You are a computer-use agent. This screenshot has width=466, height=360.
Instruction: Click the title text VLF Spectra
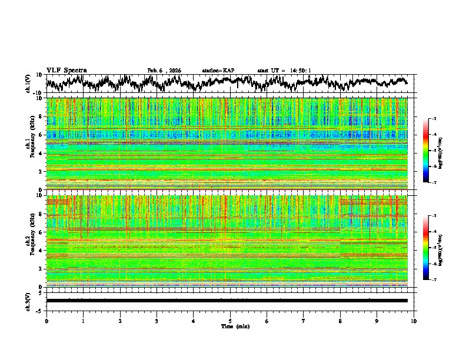pos(66,70)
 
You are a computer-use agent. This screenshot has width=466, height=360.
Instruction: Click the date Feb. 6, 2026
pos(164,71)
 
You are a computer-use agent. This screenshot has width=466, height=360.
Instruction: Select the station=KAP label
pos(218,71)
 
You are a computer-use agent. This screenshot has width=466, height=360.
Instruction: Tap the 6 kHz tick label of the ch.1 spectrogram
pos(41,135)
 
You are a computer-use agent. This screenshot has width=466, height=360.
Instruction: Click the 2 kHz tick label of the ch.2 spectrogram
pos(41,269)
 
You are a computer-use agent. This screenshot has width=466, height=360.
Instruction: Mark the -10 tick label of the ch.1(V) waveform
pos(39,93)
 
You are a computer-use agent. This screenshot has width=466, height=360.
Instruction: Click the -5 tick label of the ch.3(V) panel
pos(40,309)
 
